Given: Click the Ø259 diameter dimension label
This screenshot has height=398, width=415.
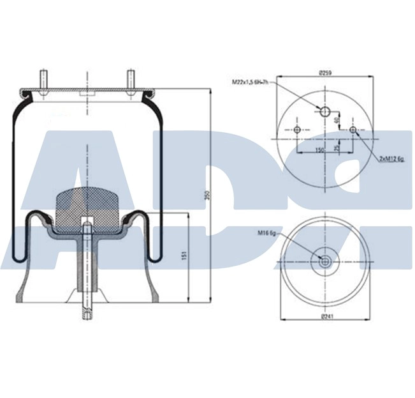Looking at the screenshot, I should coord(325,73).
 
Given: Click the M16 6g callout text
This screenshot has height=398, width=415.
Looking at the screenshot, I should coord(266,234).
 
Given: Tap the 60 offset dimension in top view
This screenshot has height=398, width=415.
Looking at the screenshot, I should coord(337,121).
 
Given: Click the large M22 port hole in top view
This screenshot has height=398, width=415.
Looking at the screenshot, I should coord(325,112).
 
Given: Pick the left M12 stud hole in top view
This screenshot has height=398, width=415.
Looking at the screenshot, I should coord(297,130).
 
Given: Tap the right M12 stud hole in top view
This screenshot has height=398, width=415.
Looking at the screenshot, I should coord(353,130).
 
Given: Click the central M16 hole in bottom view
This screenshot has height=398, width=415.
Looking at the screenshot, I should coord(325,261).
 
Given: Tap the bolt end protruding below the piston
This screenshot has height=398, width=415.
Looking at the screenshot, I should coord(86,313).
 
